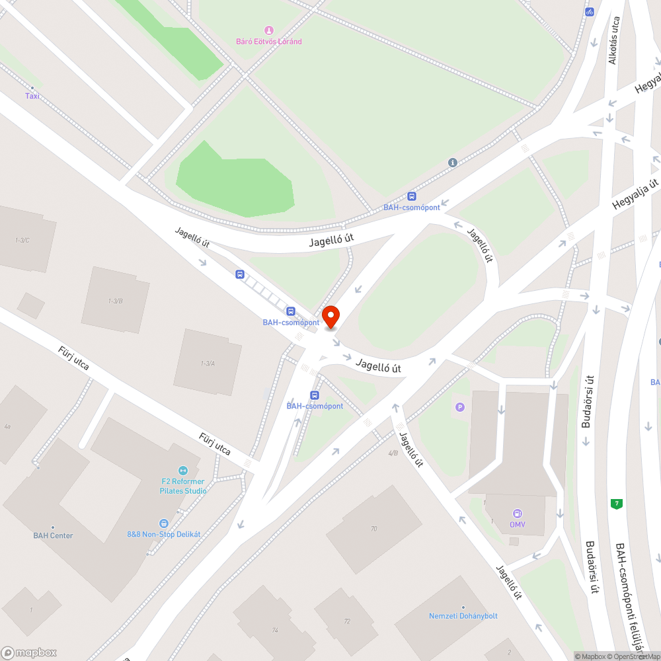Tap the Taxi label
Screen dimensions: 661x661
pyautogui.click(x=32, y=96)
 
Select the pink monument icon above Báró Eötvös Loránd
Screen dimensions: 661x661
pyautogui.click(x=268, y=30)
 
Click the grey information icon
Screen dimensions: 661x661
pyautogui.click(x=453, y=163)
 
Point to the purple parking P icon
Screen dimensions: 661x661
pyautogui.click(x=460, y=407)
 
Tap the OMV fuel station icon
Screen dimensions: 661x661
pyautogui.click(x=517, y=514)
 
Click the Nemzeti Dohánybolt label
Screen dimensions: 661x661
pyautogui.click(x=463, y=615)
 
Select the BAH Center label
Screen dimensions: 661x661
pyautogui.click(x=53, y=535)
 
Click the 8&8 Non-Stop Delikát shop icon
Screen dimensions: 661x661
pyautogui.click(x=164, y=523)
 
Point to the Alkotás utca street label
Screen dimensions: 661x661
pyautogui.click(x=613, y=40)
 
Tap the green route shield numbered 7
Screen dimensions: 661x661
pyautogui.click(x=617, y=504)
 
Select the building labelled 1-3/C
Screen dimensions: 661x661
pyautogui.click(x=24, y=239)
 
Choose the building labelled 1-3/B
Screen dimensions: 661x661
pyautogui.click(x=116, y=301)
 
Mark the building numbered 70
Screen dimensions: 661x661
pyautogui.click(x=374, y=528)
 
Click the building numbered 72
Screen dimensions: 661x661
pyautogui.click(x=346, y=621)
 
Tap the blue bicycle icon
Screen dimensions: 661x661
pyautogui.click(x=589, y=11)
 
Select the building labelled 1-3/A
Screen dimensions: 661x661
pyautogui.click(x=208, y=363)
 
